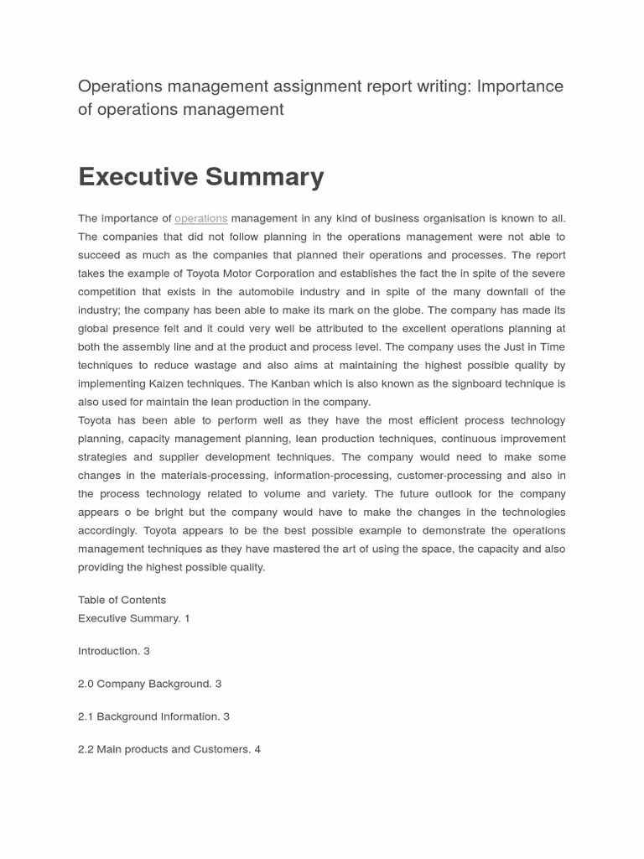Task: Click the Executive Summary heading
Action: coord(200,177)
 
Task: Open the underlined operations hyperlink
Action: coord(201,219)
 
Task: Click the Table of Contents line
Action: coord(122,600)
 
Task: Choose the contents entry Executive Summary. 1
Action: coord(134,618)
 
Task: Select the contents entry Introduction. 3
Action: coord(114,651)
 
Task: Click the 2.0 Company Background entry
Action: coord(149,684)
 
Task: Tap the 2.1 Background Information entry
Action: coord(153,716)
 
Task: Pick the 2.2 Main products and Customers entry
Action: coord(169,749)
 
